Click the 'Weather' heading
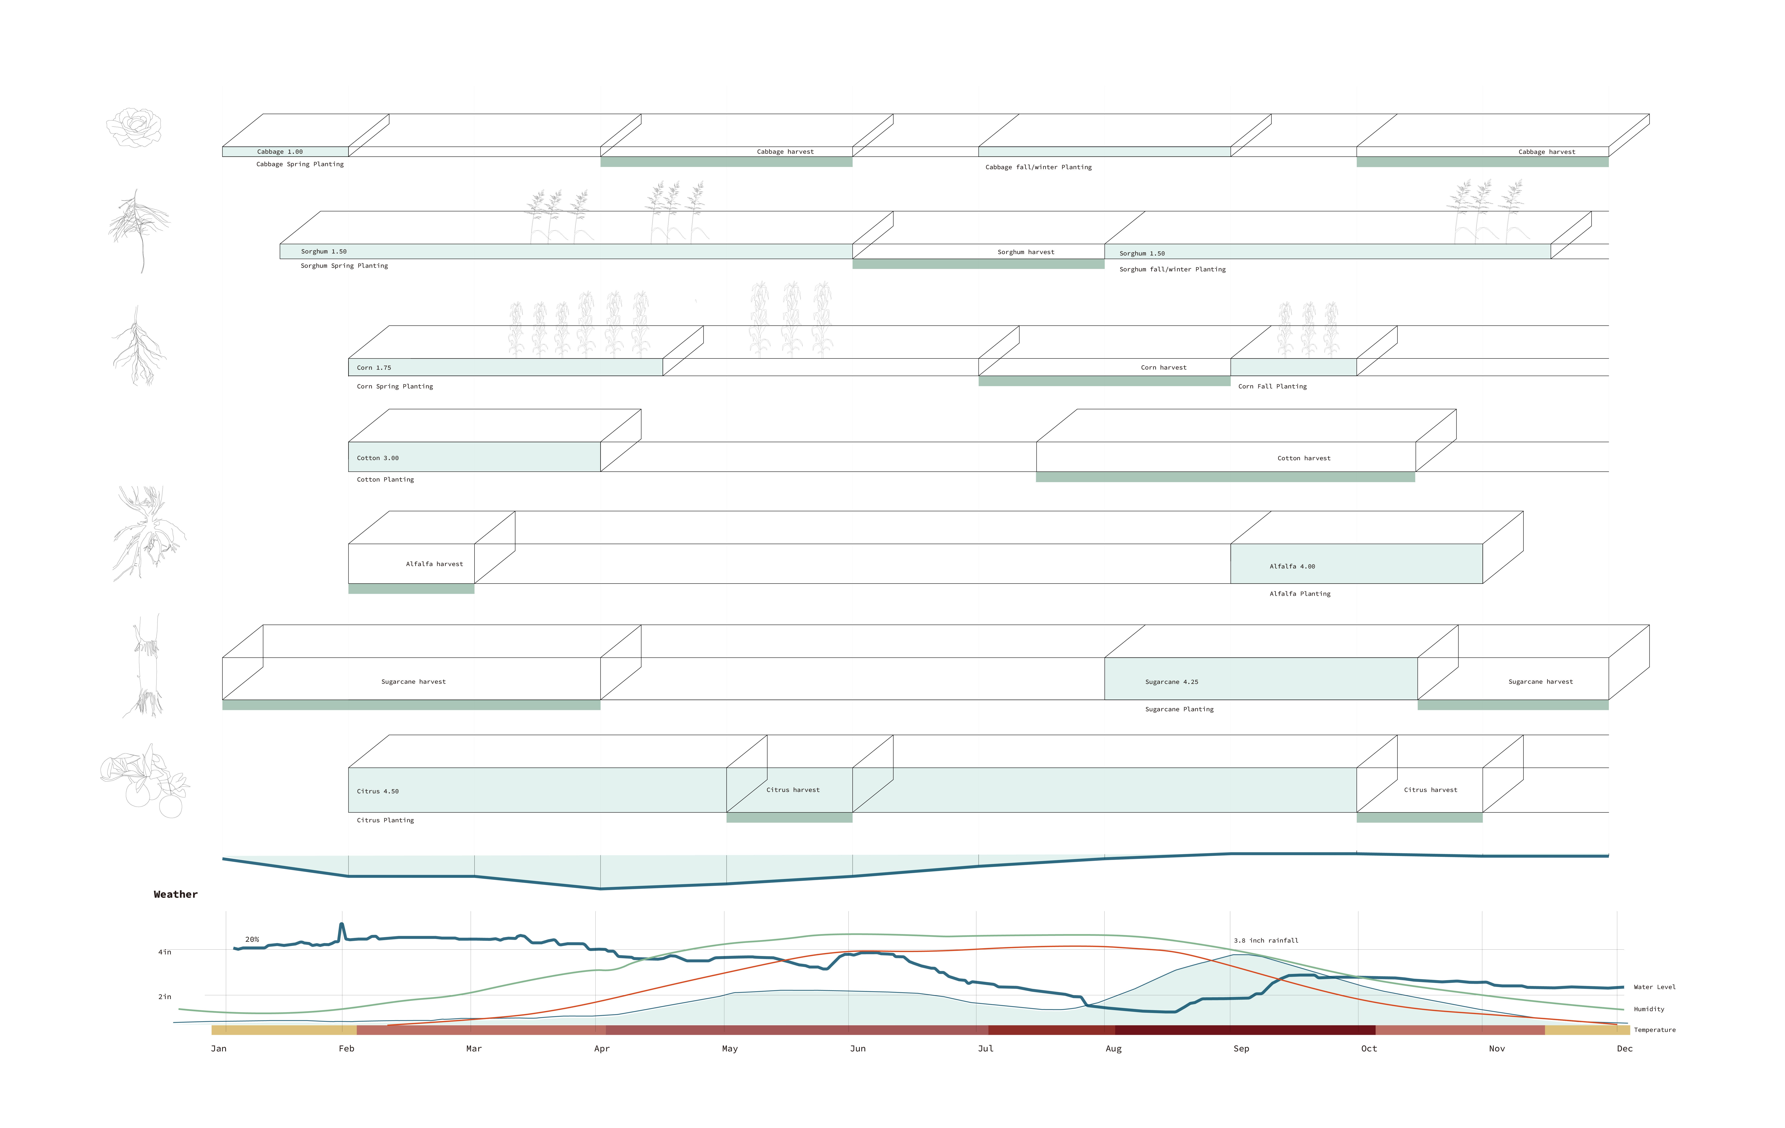[176, 894]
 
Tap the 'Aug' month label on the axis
[1113, 1049]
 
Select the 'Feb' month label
[346, 1049]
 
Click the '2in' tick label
[165, 997]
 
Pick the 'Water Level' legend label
[1654, 987]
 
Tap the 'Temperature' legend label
[1654, 1030]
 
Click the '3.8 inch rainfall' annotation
[1266, 941]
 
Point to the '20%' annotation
[252, 940]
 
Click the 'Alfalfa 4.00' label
[1292, 566]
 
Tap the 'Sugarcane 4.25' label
[1171, 682]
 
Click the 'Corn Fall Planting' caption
[1272, 386]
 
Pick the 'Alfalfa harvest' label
[434, 564]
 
